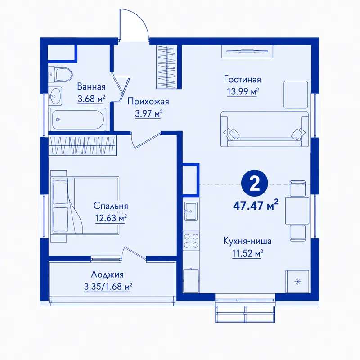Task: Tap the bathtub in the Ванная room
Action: click(x=77, y=120)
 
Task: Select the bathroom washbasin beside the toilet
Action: click(x=55, y=96)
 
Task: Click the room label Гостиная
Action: click(x=243, y=80)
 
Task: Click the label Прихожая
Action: click(x=148, y=102)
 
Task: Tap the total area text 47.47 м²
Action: click(x=256, y=205)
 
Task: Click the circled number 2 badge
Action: click(x=254, y=183)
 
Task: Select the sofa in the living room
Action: click(x=265, y=129)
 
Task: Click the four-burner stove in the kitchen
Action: click(x=191, y=241)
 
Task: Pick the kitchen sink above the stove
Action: click(x=191, y=211)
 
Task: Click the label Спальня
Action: click(x=111, y=206)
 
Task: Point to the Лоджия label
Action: click(x=108, y=274)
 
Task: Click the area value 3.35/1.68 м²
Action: click(x=108, y=287)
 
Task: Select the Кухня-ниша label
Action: click(x=247, y=241)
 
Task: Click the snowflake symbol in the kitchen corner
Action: click(x=298, y=281)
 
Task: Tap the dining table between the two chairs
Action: click(x=297, y=210)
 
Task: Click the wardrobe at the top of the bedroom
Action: click(x=82, y=145)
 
